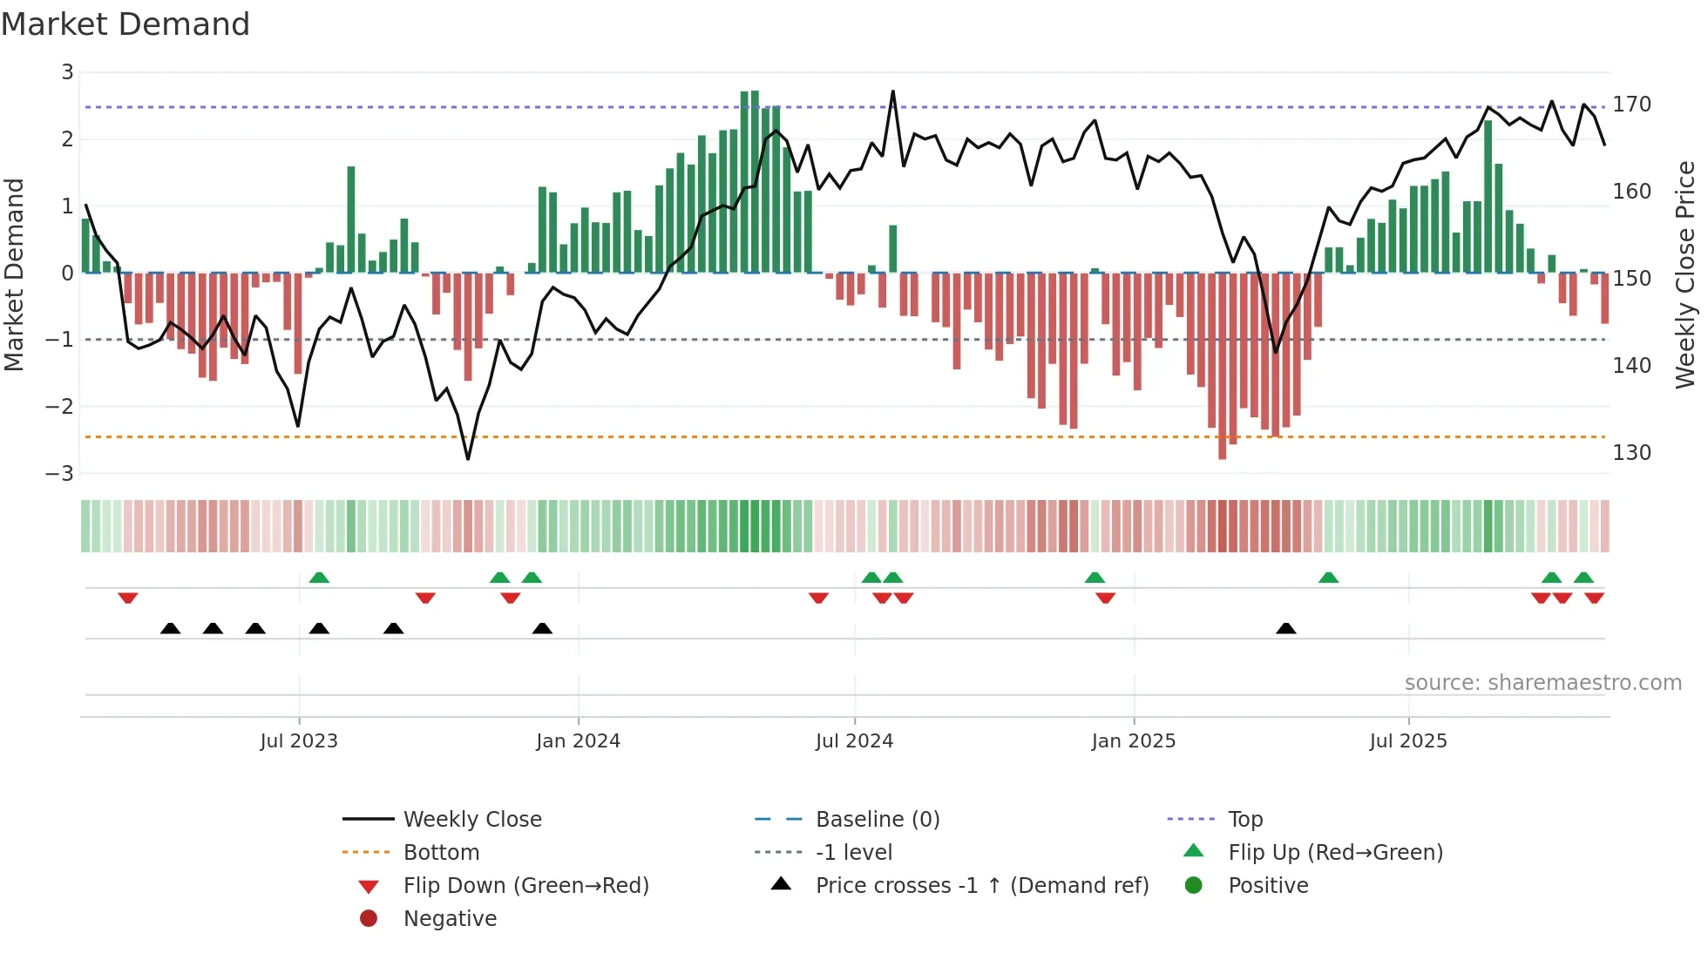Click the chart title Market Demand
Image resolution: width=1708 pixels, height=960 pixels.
(x=125, y=24)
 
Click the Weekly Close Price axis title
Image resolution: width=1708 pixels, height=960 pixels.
(x=1685, y=274)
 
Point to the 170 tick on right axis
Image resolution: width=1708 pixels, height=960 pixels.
(x=1631, y=105)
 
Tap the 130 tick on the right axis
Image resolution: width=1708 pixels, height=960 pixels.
(x=1631, y=453)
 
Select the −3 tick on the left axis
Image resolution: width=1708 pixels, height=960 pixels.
(x=60, y=474)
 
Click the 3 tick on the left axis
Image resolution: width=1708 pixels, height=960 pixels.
(x=67, y=72)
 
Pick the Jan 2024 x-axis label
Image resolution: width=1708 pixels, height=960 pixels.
(x=578, y=741)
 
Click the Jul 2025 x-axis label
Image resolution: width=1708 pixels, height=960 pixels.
(x=1407, y=741)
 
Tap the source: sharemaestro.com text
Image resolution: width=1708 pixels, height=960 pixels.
(x=1542, y=683)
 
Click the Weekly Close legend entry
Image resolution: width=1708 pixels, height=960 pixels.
(x=471, y=820)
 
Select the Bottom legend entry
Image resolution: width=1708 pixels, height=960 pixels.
(x=441, y=853)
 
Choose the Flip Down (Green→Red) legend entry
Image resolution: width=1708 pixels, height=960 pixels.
(x=525, y=886)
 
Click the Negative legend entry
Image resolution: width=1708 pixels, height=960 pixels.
(x=450, y=919)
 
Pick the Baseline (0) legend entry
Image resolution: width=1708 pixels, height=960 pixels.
(x=877, y=820)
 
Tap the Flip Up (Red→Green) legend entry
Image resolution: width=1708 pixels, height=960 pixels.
(x=1335, y=853)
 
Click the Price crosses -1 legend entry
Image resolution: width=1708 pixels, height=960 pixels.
(x=981, y=886)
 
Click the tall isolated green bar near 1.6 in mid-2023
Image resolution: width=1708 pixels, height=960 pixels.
(x=351, y=219)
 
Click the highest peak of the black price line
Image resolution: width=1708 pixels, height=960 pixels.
(x=892, y=91)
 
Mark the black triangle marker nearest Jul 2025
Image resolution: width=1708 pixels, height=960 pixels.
(x=1285, y=628)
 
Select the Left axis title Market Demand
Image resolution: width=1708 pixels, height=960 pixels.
(x=15, y=274)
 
